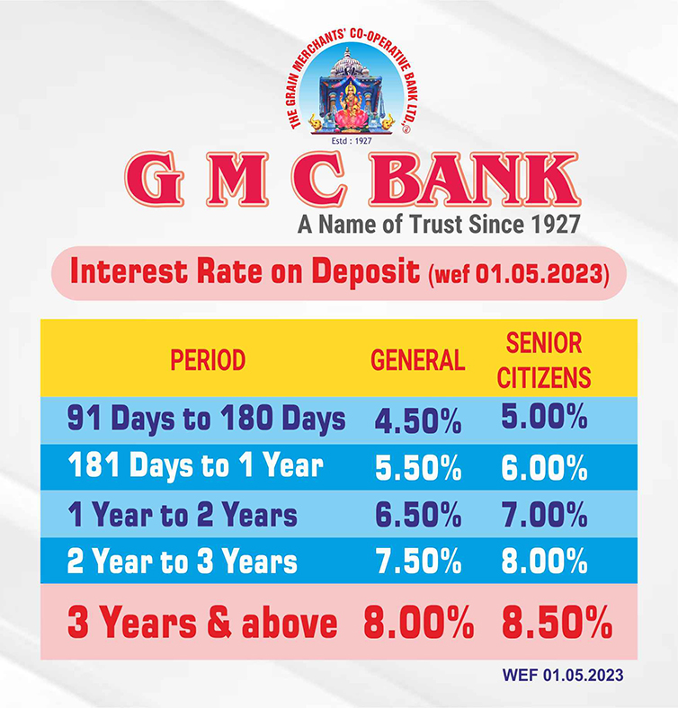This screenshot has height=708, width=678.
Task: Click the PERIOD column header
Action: coord(208,360)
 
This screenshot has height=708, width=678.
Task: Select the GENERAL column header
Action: coord(417,360)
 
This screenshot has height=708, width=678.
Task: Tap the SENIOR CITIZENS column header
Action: coord(544,360)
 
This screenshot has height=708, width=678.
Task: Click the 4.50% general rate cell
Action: coord(418,421)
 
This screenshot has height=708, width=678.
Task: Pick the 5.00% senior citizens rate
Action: coord(544,416)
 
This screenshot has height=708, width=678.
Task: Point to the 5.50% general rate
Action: coord(418,468)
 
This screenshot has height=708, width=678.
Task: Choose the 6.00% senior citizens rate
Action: coord(544,468)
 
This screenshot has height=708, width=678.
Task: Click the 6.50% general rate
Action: coord(418,515)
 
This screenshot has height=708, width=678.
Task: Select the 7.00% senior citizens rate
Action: coord(544,515)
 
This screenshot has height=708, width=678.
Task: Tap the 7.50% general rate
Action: coord(418,562)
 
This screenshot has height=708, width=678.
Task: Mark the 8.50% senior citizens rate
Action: coord(557,624)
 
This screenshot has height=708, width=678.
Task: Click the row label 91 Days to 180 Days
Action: coord(206,419)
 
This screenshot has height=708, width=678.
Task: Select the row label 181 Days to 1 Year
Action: coord(196,465)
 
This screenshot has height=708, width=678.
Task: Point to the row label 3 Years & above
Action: coord(202,624)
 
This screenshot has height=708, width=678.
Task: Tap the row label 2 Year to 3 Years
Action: coord(183,561)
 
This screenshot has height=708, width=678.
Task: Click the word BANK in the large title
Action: coord(474,180)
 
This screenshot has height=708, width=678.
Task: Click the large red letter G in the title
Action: coord(154,180)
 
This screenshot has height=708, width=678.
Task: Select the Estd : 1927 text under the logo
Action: coord(352,141)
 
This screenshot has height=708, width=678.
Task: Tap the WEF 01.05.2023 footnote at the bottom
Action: coord(563,676)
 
